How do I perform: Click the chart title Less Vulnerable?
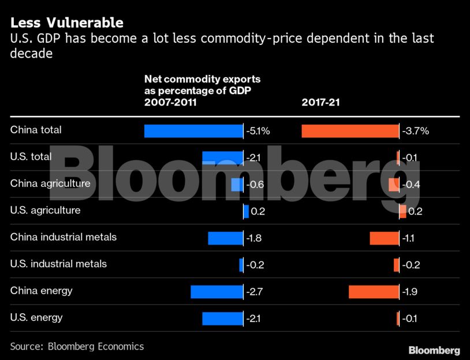[66, 23]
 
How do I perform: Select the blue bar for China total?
[193, 131]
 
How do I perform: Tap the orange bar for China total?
[350, 131]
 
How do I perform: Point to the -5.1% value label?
[258, 131]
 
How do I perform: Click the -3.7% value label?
[416, 131]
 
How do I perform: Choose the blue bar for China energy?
[217, 291]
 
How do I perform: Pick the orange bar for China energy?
[374, 291]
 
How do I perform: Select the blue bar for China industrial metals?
[225, 238]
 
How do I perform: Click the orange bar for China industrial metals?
[384, 238]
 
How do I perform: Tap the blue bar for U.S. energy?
[222, 318]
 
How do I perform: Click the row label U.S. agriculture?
[45, 211]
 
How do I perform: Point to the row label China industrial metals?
[64, 237]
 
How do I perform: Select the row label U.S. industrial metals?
[58, 264]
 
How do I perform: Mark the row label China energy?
[42, 291]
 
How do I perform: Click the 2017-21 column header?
[321, 103]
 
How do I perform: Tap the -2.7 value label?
[255, 292]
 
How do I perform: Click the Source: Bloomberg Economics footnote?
[77, 347]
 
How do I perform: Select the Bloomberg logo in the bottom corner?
[434, 350]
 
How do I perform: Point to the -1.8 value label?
[255, 238]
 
